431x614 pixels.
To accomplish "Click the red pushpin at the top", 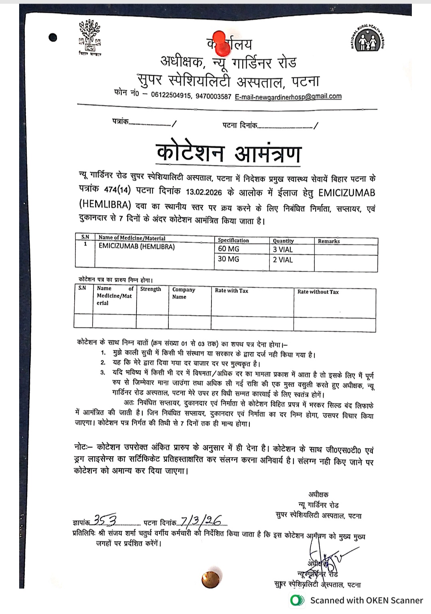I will tap(222, 42).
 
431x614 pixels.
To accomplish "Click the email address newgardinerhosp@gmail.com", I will tap(288, 96).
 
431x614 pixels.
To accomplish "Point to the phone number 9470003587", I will tap(214, 97).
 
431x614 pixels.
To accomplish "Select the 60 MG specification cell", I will tap(229, 249).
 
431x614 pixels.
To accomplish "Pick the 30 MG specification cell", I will tap(229, 259).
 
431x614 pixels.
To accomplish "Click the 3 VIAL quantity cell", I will tap(283, 250).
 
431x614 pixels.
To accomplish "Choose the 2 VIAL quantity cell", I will tap(283, 260).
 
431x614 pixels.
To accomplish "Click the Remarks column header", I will tap(329, 241).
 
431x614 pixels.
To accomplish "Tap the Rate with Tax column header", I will tap(231, 291).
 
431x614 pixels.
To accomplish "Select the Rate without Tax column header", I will tap(318, 292).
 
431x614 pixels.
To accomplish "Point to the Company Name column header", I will tap(184, 293).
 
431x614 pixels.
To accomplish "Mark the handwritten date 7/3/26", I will tap(202, 520).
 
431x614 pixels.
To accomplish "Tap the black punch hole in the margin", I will tap(53, 38).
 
